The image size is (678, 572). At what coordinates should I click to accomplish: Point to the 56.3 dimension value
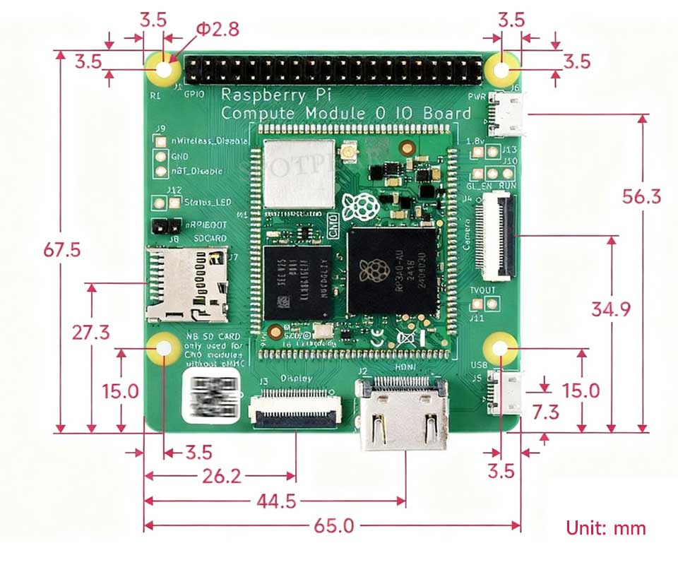[641, 196]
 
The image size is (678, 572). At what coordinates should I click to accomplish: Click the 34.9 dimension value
[611, 309]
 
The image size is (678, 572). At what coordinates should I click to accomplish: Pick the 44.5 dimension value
[276, 501]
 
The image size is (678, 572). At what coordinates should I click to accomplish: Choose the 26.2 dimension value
[221, 476]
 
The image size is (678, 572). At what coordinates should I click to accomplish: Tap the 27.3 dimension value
[91, 332]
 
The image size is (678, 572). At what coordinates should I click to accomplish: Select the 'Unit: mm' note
[605, 527]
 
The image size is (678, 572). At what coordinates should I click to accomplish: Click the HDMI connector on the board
[402, 413]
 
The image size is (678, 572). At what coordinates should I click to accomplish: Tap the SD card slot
[186, 284]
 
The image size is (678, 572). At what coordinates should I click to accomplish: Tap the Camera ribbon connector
[496, 237]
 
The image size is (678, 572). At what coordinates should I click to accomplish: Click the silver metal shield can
[298, 174]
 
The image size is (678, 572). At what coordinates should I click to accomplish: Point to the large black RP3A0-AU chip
[390, 270]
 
